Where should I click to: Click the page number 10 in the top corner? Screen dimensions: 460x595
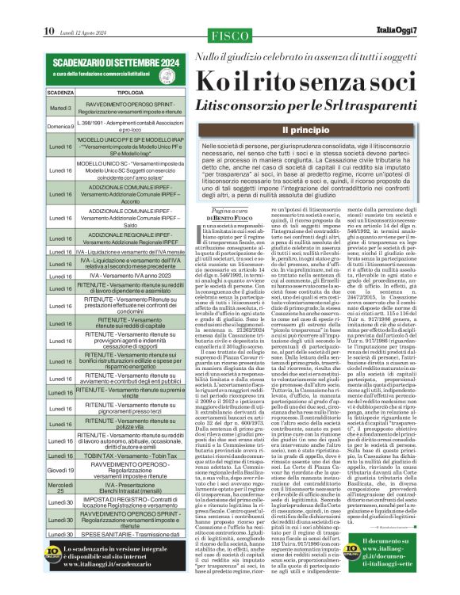point(49,10)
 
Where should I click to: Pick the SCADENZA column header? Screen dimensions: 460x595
point(60,93)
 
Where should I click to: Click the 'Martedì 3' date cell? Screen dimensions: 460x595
point(60,108)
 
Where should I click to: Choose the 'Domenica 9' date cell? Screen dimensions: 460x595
point(60,126)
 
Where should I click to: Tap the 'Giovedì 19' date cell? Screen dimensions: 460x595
point(60,470)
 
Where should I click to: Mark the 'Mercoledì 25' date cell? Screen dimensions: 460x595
point(60,488)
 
